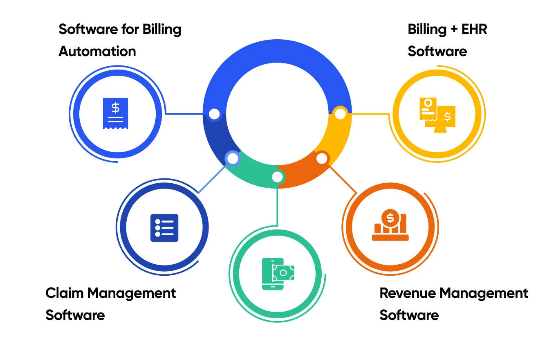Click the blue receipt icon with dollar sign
tap(115, 113)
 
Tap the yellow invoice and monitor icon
tap(437, 114)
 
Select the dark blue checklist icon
tap(164, 227)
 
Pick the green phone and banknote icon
tap(278, 274)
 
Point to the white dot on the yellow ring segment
tap(340, 113)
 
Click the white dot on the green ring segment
tap(278, 177)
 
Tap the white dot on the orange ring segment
tap(322, 158)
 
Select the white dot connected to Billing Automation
tap(214, 114)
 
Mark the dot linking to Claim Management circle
tap(232, 158)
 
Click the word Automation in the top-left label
tap(97, 51)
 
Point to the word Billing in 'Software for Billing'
tap(161, 29)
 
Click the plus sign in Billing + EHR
tap(444, 29)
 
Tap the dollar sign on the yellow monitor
tap(447, 117)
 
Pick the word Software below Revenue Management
tap(409, 315)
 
